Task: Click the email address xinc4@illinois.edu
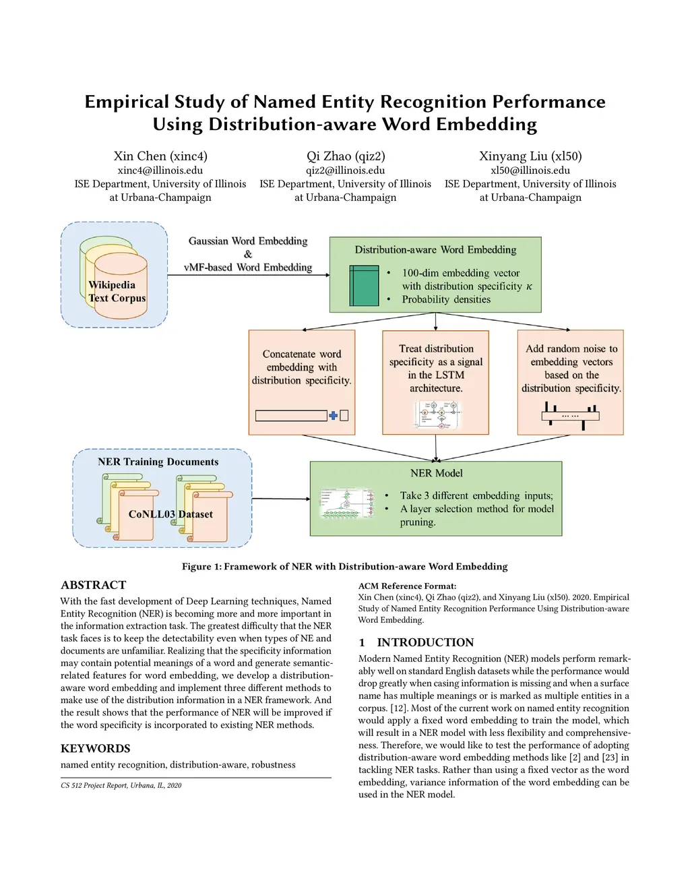(160, 171)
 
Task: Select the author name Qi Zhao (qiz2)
(346, 156)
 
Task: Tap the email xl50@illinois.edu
(530, 171)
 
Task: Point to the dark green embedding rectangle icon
(365, 286)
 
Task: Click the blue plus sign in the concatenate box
(333, 416)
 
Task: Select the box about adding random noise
(570, 381)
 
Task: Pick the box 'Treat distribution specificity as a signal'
(435, 381)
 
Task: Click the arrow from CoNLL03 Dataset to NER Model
(280, 499)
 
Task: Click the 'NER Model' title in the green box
(436, 473)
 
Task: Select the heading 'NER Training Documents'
(158, 462)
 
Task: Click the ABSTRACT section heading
(94, 585)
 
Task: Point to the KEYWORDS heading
(96, 748)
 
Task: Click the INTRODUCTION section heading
(425, 642)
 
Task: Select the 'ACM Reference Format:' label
(407, 586)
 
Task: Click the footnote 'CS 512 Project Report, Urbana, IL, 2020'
(121, 785)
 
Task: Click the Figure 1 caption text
(345, 567)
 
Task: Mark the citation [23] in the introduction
(610, 758)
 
